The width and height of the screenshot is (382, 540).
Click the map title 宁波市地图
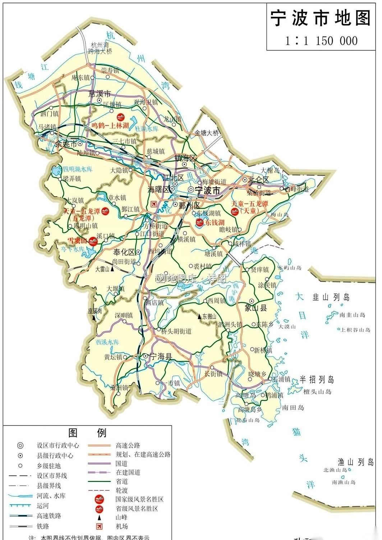pos(320,18)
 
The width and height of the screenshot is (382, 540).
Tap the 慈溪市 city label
pos(100,94)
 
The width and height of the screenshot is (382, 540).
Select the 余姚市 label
pos(66,144)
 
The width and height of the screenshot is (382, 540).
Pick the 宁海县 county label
pos(161,356)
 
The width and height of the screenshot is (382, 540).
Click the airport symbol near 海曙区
pos(154,204)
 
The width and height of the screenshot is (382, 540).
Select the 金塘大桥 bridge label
pos(207,133)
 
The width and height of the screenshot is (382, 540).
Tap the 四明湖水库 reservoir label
pos(78,169)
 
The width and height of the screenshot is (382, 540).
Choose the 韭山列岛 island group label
pos(331,297)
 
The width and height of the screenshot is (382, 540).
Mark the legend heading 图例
pos(87,433)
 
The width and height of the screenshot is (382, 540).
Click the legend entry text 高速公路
pos(128,445)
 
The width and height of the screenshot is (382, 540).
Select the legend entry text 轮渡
pos(122,490)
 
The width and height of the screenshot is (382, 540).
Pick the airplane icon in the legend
pos(99,526)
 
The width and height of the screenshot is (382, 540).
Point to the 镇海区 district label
pos(186,158)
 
